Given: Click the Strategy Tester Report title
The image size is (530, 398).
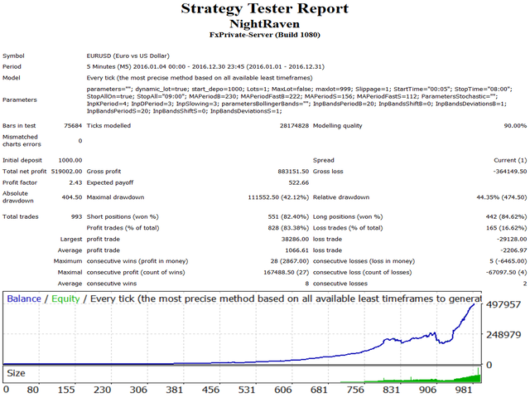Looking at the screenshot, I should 265,11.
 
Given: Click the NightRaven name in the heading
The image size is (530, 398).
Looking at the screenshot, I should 265,26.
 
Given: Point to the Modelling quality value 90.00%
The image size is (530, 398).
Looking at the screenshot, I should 508,125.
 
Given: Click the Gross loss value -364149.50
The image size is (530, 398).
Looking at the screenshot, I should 504,170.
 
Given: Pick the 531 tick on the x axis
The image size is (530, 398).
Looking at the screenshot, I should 438,389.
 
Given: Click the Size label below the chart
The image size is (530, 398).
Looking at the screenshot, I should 17,372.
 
